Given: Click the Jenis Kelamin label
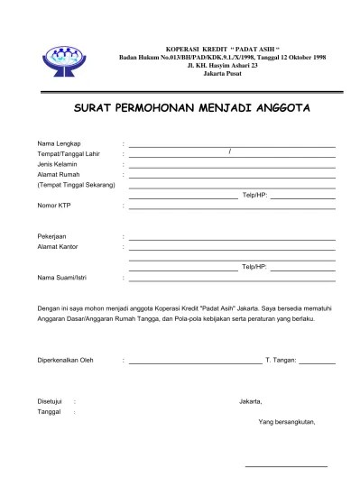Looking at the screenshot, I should pyautogui.click(x=57, y=164).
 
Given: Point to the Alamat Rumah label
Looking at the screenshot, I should pyautogui.click(x=58, y=174).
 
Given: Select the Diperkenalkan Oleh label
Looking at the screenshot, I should pyautogui.click(x=65, y=361).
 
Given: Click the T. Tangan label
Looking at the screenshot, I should pyautogui.click(x=280, y=361).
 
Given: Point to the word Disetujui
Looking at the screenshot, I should pyautogui.click(x=50, y=400).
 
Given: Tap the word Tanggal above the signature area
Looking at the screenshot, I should pyautogui.click(x=49, y=411).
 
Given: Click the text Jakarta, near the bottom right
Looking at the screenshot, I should pyautogui.click(x=250, y=400).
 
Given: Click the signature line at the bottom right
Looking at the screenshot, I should pyautogui.click(x=286, y=465).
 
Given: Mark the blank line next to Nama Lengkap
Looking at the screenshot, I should pyautogui.click(x=232, y=146).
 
